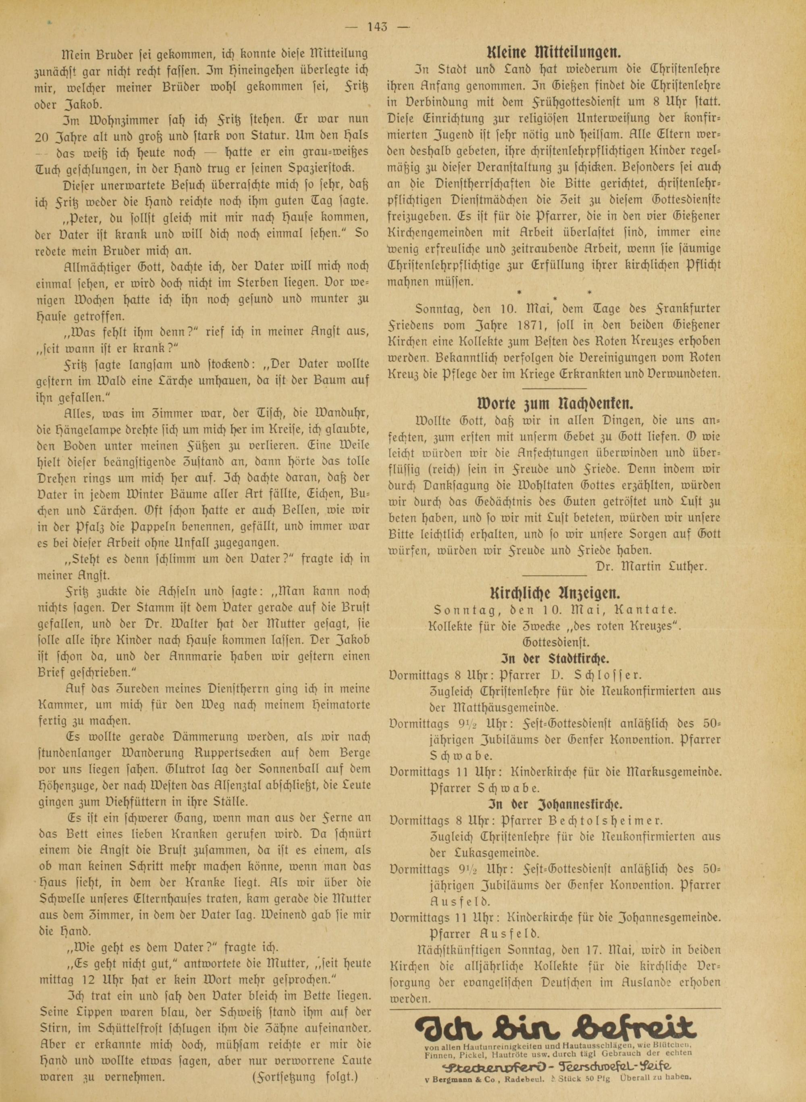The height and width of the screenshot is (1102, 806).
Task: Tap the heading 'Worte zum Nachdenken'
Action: tap(555, 403)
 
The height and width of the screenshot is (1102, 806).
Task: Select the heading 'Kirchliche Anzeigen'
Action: tap(555, 594)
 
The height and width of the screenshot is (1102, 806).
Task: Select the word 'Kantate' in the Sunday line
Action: tap(648, 610)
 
